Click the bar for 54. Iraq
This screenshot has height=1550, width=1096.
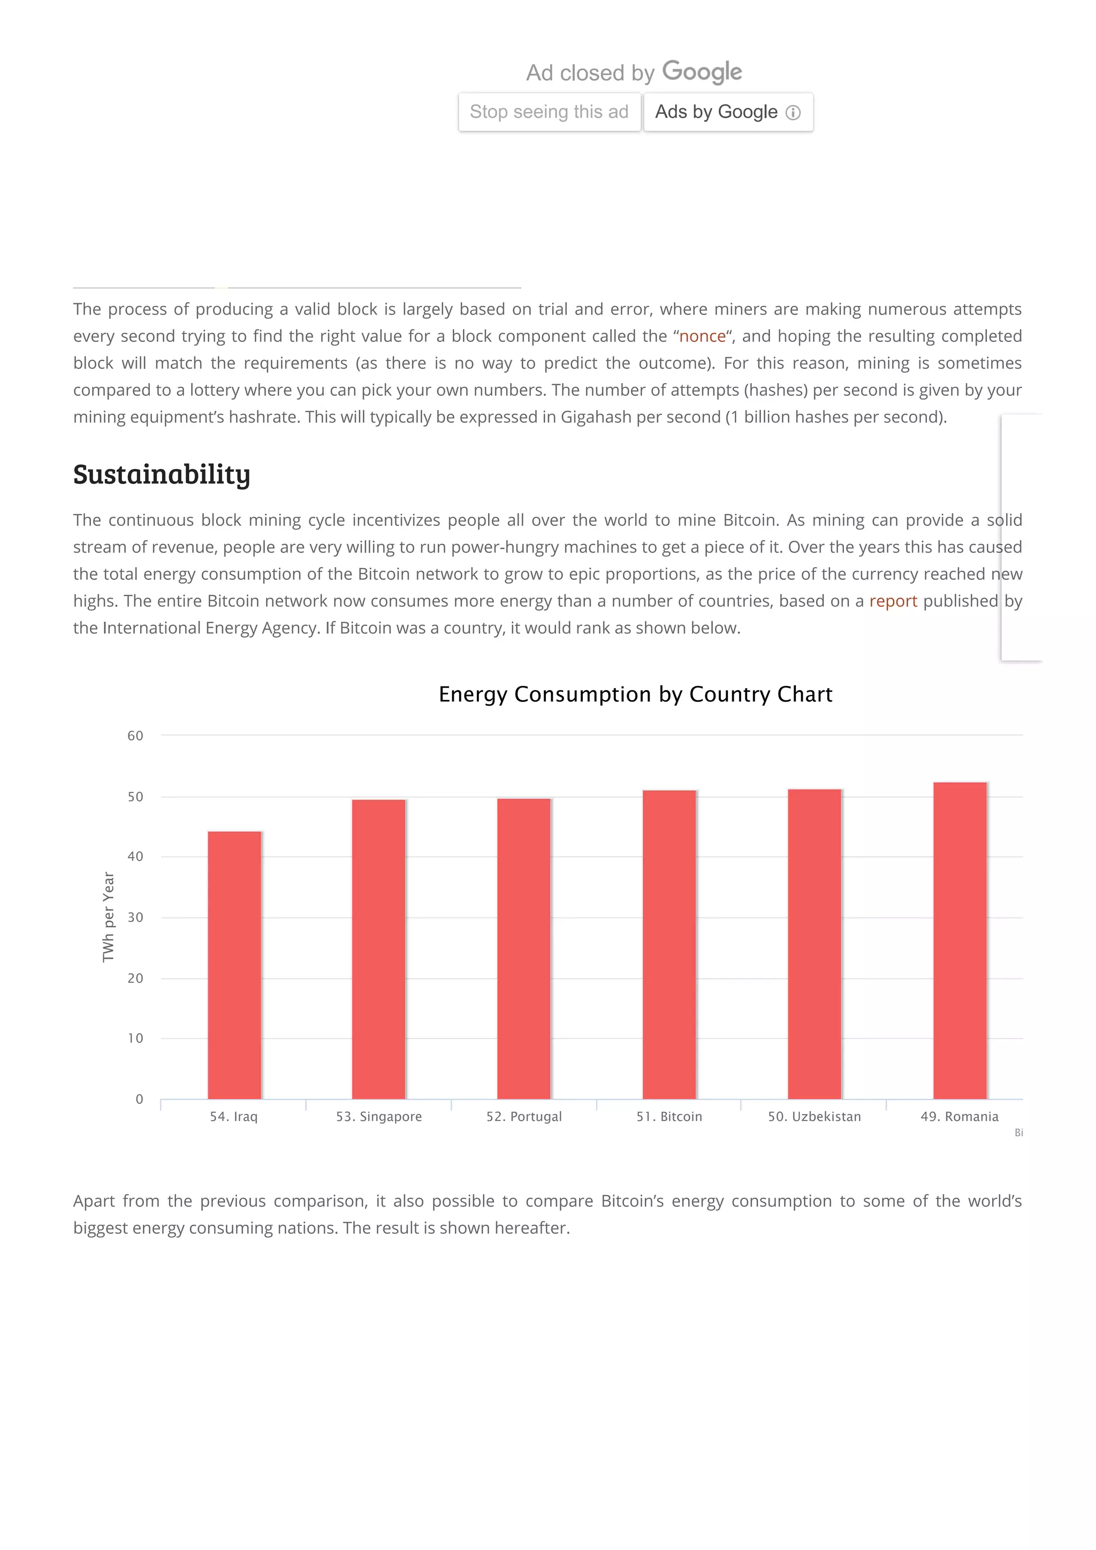[234, 965]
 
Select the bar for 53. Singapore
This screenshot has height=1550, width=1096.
[379, 949]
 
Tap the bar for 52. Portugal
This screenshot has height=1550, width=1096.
[524, 948]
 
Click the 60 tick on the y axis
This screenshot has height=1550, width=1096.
[135, 736]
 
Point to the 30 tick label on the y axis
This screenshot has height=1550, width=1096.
[135, 918]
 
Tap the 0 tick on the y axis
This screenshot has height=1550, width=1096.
[139, 1099]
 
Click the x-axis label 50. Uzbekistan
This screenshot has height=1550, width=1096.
[815, 1117]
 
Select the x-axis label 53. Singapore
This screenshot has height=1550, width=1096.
[379, 1117]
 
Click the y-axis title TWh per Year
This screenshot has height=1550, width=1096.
[108, 916]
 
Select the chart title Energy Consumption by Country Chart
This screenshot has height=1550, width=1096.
[635, 694]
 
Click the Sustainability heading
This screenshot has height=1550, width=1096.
[162, 474]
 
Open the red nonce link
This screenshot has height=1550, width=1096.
[702, 336]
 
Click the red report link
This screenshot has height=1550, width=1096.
[893, 601]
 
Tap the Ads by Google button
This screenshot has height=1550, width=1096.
[728, 112]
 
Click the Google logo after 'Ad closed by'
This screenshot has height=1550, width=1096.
[702, 72]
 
